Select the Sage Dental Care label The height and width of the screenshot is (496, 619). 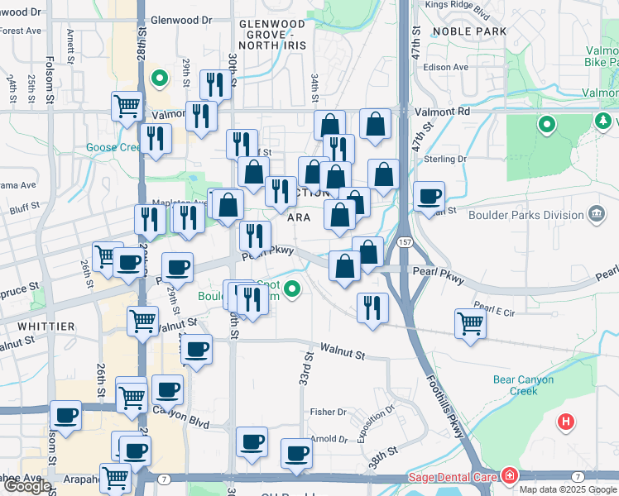452,477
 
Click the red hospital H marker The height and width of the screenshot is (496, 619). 566,422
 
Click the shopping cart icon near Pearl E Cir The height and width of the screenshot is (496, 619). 470,323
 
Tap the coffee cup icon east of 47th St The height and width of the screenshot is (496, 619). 429,197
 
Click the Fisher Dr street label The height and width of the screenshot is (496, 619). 328,412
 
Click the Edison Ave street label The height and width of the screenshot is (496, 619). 447,67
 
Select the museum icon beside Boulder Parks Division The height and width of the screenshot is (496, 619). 596,216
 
